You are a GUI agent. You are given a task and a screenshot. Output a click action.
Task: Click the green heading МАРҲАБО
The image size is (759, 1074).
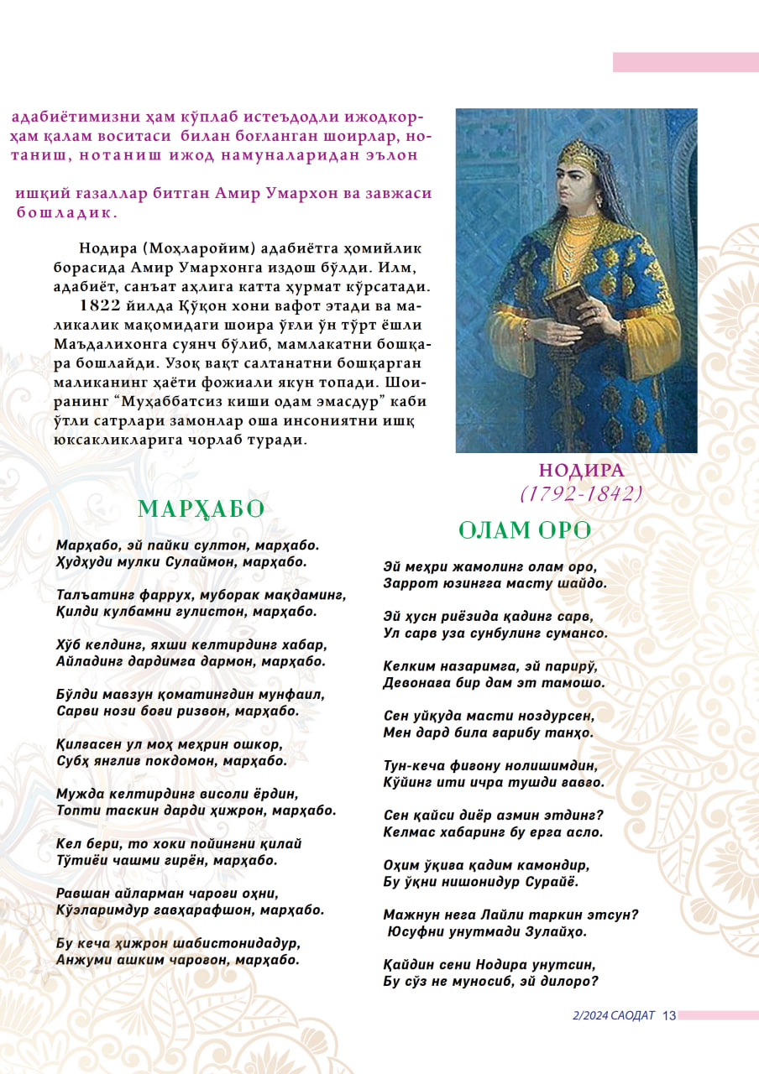(x=201, y=509)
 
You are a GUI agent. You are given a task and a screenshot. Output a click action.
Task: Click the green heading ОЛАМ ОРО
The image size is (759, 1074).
(x=525, y=530)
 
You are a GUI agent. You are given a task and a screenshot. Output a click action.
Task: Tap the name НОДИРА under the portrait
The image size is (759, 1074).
(x=581, y=471)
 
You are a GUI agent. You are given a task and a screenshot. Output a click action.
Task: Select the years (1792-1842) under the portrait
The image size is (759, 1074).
(x=581, y=493)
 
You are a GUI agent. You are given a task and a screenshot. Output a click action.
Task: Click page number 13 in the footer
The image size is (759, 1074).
(x=668, y=1016)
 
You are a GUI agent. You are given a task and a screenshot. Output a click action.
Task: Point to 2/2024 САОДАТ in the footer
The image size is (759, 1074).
(x=613, y=1016)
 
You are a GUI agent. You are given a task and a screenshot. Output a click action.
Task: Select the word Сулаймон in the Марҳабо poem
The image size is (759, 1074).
(x=211, y=562)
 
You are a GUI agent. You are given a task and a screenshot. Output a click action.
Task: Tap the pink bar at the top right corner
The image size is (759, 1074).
(x=685, y=62)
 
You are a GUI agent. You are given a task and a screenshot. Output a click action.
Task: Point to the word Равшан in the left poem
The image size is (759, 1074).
(x=83, y=893)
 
